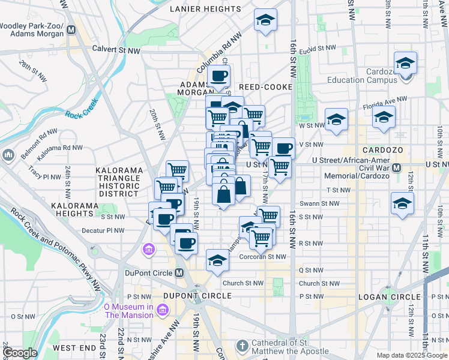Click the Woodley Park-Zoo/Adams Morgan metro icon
(71, 29)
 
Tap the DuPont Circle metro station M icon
(179, 273)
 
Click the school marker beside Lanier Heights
(265, 21)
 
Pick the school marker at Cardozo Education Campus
(406, 64)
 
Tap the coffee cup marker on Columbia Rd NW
(218, 77)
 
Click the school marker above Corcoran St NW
(217, 260)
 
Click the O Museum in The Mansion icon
(162, 310)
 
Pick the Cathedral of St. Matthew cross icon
(241, 346)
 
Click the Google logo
(19, 353)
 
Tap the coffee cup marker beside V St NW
(283, 148)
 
